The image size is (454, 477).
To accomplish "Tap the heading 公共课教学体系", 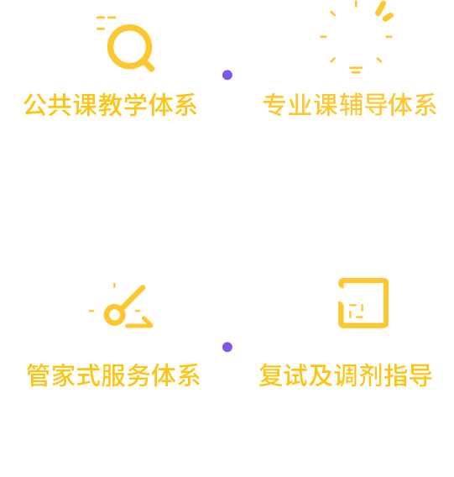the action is (111, 105).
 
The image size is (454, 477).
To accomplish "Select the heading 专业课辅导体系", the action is (350, 105).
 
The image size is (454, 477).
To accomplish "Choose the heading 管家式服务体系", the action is (113, 375).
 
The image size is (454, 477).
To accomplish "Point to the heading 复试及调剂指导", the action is (346, 375).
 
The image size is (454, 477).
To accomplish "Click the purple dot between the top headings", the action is (227, 75).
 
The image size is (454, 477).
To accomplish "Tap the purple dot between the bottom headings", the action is (227, 347).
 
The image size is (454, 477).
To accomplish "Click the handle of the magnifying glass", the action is (149, 66).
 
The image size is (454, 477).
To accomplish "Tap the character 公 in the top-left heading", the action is (36, 105).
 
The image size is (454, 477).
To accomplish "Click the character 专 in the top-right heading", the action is (275, 105).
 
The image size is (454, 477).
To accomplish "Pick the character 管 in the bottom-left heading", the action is (39, 375).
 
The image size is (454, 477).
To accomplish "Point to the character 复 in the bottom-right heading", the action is (270, 375).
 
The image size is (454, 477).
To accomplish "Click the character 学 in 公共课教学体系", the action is (136, 105).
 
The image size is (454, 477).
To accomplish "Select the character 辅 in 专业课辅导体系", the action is (350, 105).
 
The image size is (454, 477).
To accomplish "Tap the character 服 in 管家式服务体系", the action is (113, 375).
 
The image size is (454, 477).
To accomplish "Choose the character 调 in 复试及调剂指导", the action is (346, 375).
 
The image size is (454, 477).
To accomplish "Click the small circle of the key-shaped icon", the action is (115, 315).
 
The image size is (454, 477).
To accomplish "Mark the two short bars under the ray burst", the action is (356, 70).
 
